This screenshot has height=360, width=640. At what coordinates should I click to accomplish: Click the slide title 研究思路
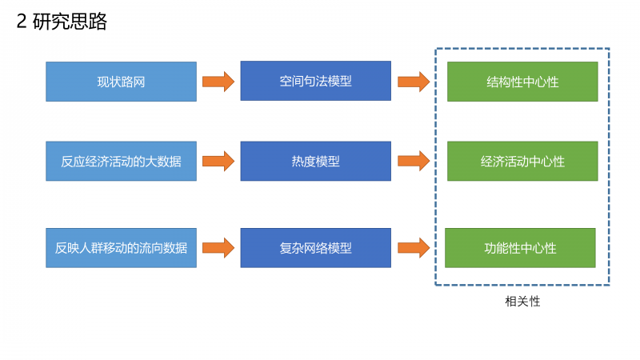(70, 22)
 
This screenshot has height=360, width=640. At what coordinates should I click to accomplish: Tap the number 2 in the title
(22, 22)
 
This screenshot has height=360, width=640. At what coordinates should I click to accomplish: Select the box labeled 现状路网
(122, 82)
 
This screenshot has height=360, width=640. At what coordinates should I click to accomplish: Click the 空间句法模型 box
(315, 81)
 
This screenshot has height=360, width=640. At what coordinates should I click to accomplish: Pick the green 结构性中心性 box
(522, 82)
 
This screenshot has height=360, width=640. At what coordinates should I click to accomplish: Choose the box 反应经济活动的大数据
(122, 162)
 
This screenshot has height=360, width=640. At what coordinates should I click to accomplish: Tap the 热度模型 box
(315, 162)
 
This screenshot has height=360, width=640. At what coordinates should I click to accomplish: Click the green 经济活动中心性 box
(522, 162)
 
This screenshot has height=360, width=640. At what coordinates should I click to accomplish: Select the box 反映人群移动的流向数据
(122, 248)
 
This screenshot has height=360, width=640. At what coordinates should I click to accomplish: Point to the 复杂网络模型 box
(315, 248)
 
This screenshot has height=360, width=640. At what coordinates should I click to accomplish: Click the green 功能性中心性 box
(520, 248)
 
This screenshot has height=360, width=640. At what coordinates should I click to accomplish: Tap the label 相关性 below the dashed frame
(522, 302)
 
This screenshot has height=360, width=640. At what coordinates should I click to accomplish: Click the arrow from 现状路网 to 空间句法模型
(218, 82)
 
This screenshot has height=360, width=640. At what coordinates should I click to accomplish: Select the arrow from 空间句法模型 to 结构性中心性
(414, 82)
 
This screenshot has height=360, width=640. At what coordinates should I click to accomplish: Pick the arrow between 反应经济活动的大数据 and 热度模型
(218, 162)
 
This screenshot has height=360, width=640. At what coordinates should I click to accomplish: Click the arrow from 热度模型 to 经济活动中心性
(414, 162)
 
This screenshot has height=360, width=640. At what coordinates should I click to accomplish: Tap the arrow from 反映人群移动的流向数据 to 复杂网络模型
(218, 248)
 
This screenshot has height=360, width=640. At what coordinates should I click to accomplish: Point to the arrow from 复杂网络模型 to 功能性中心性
(414, 248)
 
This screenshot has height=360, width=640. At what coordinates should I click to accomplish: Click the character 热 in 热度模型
(298, 162)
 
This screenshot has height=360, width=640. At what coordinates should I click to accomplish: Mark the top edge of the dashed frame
(522, 49)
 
